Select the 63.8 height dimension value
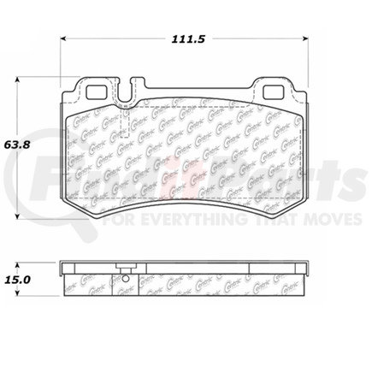point(18,144)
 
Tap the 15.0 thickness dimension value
point(18,279)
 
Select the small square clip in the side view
point(127,276)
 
